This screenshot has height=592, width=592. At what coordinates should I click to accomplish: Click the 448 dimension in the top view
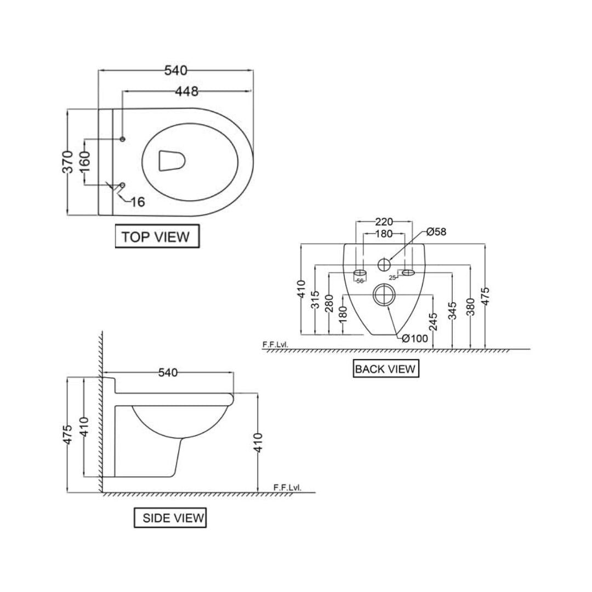click(x=186, y=92)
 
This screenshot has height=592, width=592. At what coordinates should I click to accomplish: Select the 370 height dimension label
click(x=67, y=162)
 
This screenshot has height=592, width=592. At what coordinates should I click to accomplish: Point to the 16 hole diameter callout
click(x=138, y=202)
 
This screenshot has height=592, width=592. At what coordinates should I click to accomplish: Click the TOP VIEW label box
click(x=156, y=237)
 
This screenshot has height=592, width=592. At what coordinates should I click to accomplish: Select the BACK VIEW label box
click(x=385, y=369)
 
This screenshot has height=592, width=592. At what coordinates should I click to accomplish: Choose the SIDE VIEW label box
click(x=170, y=518)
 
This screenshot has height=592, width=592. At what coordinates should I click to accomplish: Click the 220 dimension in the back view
click(x=384, y=222)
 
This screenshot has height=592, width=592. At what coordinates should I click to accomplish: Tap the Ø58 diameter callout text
click(x=436, y=232)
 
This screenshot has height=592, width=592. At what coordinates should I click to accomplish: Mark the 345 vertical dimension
click(x=452, y=311)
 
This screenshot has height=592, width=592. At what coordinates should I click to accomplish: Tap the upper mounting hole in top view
click(x=122, y=139)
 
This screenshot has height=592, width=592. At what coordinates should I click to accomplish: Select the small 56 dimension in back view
click(x=360, y=281)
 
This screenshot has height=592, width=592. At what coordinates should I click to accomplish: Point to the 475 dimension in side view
click(x=67, y=436)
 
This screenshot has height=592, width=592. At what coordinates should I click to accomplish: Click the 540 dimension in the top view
click(x=175, y=71)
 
